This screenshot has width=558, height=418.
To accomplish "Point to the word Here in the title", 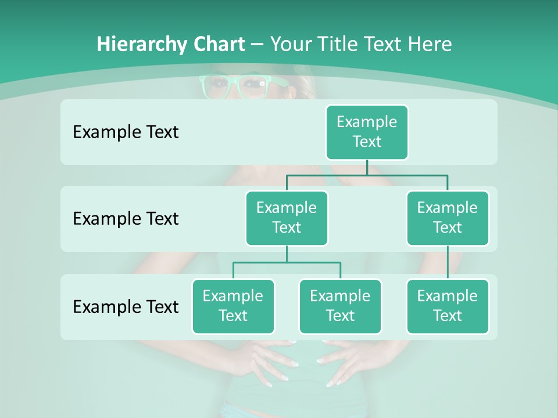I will click(430, 44).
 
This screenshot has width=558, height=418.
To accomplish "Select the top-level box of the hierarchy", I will click(367, 132).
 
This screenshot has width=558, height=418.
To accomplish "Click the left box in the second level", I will click(287, 218).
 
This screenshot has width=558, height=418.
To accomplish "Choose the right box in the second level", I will click(448, 218).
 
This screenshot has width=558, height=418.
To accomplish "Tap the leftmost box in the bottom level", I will click(233, 306).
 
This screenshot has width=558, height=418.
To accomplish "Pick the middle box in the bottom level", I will click(340, 306).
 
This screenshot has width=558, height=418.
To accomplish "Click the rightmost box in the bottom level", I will click(448, 306).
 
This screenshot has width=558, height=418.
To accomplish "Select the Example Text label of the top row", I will click(126, 132).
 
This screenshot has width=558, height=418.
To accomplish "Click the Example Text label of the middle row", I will click(126, 219).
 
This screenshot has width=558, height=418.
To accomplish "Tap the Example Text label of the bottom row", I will click(126, 307).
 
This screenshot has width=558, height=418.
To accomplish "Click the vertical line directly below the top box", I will click(367, 167).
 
